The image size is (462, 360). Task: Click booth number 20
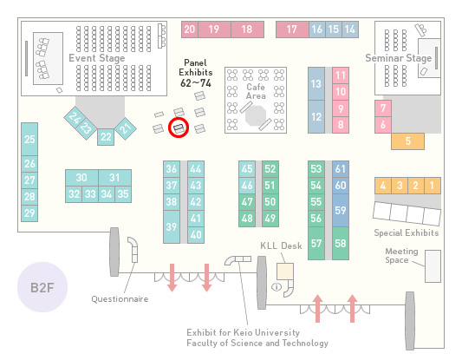(x=190, y=29)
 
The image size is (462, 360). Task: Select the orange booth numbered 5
(x=407, y=141)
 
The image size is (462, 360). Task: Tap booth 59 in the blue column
(x=341, y=210)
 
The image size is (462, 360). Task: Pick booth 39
(x=172, y=226)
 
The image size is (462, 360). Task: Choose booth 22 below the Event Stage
(x=106, y=137)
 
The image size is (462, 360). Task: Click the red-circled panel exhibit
(x=179, y=128)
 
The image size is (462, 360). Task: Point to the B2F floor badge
(x=42, y=287)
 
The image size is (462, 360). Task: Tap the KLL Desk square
(x=285, y=272)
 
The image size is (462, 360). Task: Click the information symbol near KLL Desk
(x=277, y=286)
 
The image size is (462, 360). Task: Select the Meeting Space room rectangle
(x=433, y=266)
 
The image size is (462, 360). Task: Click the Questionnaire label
(x=120, y=299)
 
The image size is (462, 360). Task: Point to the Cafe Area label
(x=256, y=91)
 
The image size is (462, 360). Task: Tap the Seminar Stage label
(x=399, y=58)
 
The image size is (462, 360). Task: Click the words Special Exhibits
(x=407, y=233)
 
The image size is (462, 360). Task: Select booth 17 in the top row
(x=292, y=29)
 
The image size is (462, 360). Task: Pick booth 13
(x=316, y=84)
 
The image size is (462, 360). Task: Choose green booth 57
(x=316, y=243)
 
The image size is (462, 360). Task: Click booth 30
(x=81, y=178)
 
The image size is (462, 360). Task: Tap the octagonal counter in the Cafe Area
(x=256, y=116)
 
